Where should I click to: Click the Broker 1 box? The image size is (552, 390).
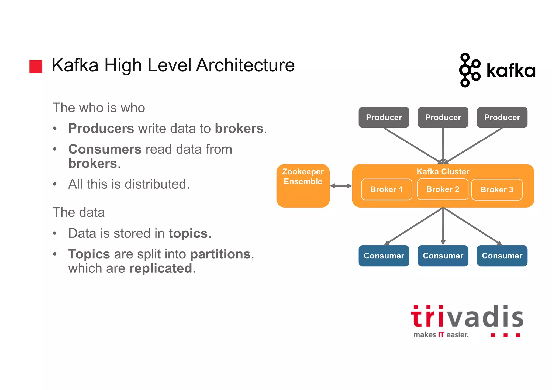tap(386, 189)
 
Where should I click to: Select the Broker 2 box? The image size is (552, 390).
tap(443, 189)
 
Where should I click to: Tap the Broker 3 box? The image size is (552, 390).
tap(497, 190)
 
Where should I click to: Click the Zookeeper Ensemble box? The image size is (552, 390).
tap(303, 186)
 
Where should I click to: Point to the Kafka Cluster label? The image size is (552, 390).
tap(443, 172)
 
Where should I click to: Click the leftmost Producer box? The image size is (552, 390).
tap(384, 118)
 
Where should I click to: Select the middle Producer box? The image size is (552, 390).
tap(443, 118)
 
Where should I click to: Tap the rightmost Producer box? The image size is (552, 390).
tap(502, 118)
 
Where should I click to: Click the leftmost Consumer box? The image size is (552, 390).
tap(384, 256)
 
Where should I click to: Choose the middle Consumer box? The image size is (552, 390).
tap(443, 256)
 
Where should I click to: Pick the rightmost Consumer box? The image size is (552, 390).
tap(502, 256)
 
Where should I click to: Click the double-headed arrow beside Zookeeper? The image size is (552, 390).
tap(341, 186)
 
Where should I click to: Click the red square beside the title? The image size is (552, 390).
tap(36, 67)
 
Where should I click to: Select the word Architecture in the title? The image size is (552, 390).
tap(245, 65)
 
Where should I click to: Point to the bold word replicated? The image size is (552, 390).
tap(161, 268)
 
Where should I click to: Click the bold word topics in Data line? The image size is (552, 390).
tap(188, 233)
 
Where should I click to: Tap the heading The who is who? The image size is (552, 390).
tap(99, 108)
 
